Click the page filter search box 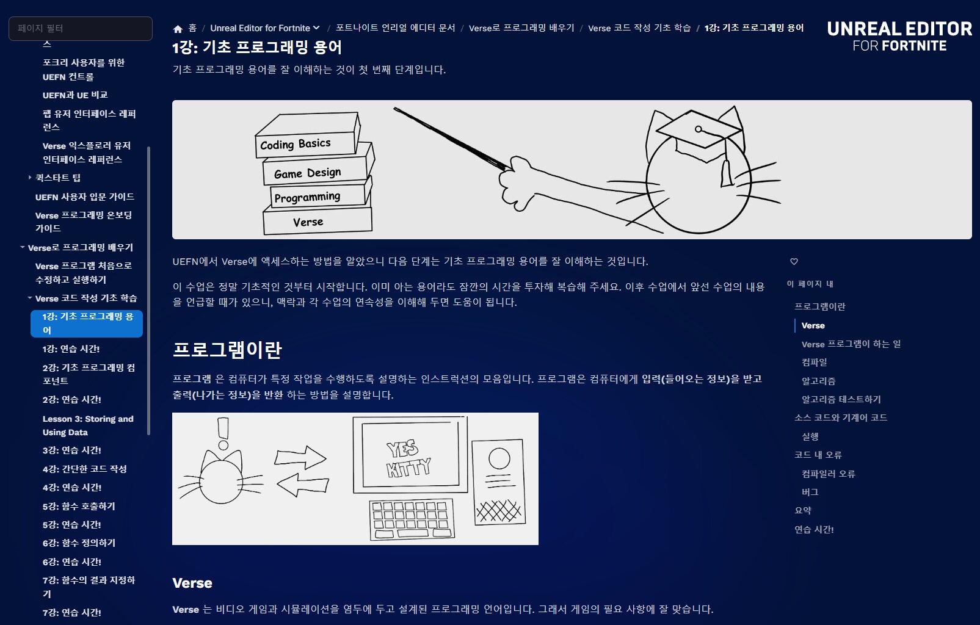click(81, 29)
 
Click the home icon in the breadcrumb click(178, 29)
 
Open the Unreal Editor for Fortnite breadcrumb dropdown click(264, 28)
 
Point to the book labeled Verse click(318, 221)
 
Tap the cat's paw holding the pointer click(518, 184)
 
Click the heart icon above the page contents click(794, 262)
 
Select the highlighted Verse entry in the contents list click(813, 325)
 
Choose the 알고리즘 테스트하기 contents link click(841, 399)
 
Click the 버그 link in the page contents click(810, 492)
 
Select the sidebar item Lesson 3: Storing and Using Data click(88, 425)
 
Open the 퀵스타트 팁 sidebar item click(58, 178)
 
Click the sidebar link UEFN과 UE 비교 click(75, 95)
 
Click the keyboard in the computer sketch click(412, 519)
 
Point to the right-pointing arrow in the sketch click(300, 458)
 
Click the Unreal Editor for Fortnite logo click(899, 37)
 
